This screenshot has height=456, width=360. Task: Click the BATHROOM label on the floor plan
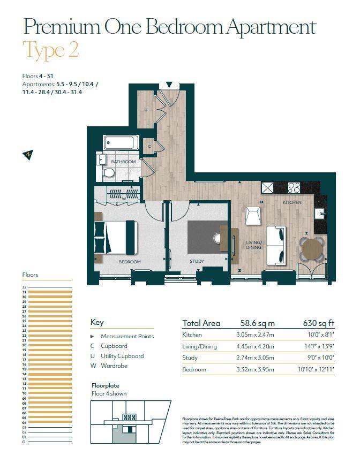tap(123, 161)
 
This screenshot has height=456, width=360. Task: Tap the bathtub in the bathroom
tap(122, 143)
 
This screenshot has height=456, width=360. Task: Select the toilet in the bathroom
tap(109, 172)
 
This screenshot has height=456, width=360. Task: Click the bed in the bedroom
tap(117, 237)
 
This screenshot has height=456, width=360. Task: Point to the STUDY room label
tap(197, 261)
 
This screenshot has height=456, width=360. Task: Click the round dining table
tap(312, 248)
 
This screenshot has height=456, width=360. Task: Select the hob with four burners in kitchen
tap(294, 187)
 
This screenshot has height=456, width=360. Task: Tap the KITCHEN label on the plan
tap(292, 202)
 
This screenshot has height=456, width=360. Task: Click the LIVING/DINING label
tap(254, 245)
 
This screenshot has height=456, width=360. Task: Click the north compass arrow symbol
tap(27, 155)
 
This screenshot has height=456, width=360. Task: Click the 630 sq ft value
tap(318, 323)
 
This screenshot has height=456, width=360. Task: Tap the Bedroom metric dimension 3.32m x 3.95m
tap(255, 369)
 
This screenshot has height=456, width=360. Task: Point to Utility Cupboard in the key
tap(122, 356)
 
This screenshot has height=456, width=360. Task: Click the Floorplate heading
tap(106, 385)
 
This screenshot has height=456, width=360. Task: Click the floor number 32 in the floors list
tap(24, 287)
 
